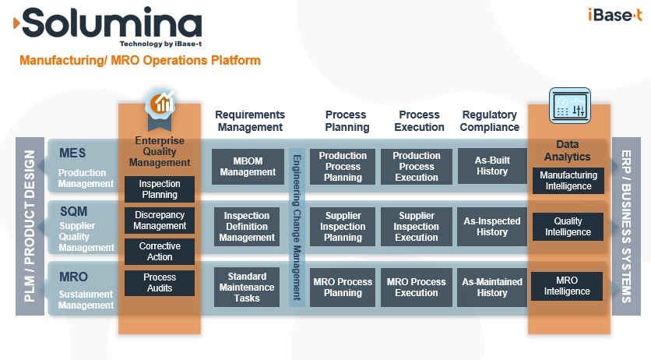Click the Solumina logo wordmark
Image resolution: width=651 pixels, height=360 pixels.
(110, 24)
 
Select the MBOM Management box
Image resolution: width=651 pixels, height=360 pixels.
(242, 167)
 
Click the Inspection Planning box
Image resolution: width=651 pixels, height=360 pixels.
(160, 189)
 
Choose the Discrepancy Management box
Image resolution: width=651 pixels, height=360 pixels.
(160, 221)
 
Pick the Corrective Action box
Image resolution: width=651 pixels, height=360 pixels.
(160, 252)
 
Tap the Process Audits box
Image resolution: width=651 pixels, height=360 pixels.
(160, 283)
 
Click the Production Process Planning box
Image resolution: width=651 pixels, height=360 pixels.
(343, 167)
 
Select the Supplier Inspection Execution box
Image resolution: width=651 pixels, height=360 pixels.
(417, 227)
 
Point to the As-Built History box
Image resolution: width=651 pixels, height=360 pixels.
(492, 166)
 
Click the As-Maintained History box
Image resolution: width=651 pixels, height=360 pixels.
(492, 288)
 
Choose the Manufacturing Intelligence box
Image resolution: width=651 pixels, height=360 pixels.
(568, 181)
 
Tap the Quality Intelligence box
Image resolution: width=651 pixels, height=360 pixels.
(568, 227)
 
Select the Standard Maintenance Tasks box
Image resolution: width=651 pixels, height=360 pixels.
(247, 288)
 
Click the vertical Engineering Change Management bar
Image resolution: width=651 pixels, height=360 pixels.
(297, 227)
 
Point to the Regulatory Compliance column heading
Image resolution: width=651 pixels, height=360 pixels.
(490, 121)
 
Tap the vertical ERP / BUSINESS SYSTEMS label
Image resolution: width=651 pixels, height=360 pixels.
(625, 227)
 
